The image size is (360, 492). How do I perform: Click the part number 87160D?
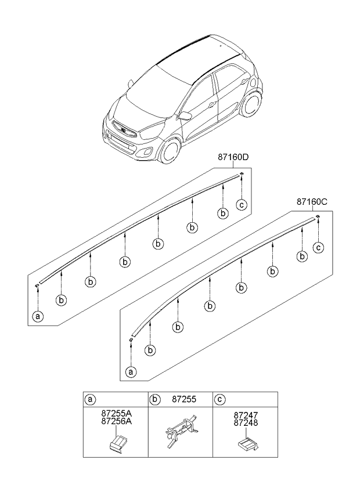coord(233,157)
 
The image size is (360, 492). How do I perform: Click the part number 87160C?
coord(312,202)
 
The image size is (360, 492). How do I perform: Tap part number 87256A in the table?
coord(117,422)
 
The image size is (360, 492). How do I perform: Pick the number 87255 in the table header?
coord(183,399)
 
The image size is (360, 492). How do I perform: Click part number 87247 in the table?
coord(246,415)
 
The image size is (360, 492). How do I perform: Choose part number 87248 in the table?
coord(246,422)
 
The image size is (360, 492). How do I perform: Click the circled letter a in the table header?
coord(90,399)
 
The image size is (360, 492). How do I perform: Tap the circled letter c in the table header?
coord(219,399)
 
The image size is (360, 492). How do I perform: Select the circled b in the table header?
coord(155,399)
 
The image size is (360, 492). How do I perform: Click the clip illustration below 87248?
coord(247,444)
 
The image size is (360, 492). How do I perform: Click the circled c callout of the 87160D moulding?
coord(242,205)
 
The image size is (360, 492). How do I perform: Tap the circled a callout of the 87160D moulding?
coord(38,317)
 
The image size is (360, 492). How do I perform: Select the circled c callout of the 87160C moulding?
coord(318,248)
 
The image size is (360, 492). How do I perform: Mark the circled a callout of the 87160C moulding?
coord(131,372)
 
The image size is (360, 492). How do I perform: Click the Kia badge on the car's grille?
coord(123,129)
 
